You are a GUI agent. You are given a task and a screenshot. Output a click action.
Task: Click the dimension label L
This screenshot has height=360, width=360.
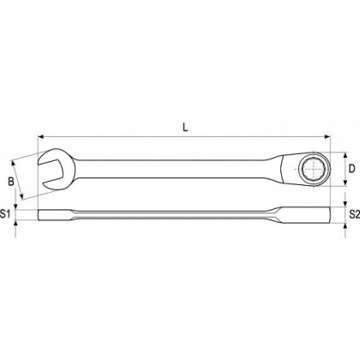click(x=185, y=128)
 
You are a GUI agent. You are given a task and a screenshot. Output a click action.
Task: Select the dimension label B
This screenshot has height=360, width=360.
click(x=11, y=182)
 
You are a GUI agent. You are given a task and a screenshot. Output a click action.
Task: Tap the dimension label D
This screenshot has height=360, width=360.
click(x=352, y=169)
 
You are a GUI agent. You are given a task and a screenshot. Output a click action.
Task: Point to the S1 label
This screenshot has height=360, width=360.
click(x=5, y=213)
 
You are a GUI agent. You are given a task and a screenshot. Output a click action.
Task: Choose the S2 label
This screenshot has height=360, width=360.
click(x=355, y=214)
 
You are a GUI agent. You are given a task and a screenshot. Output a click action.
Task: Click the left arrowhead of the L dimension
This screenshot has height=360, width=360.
click(x=40, y=137)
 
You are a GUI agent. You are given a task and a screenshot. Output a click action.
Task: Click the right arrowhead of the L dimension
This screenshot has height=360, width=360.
click(x=327, y=137)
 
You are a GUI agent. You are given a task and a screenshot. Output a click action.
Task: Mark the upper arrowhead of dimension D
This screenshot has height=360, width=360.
click(x=345, y=155)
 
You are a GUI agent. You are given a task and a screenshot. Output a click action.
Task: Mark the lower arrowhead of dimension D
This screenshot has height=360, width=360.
click(x=345, y=183)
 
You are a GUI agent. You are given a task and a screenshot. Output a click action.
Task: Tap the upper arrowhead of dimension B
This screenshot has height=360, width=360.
click(x=13, y=163)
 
